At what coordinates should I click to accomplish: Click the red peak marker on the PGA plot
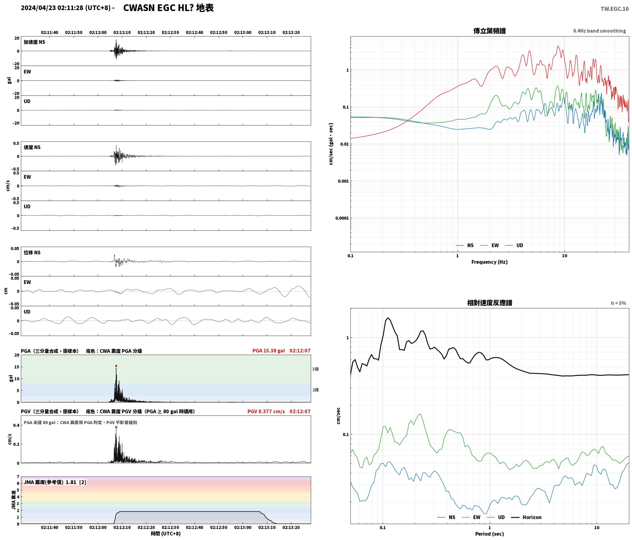pos(116,366)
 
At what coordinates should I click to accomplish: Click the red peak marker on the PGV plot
pos(116,427)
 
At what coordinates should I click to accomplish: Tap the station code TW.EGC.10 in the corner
pos(614,9)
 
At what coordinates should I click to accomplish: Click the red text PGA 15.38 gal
pos(268,350)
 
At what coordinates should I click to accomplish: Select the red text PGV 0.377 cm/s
pos(266,411)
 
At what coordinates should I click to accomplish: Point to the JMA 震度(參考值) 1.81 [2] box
pos(55,482)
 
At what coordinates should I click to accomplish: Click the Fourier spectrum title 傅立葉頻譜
pos(490,31)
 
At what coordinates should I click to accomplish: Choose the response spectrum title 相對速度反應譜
pos(490,303)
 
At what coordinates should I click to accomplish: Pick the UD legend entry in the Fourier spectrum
pos(514,245)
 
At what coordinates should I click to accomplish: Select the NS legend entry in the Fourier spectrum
pos(465,245)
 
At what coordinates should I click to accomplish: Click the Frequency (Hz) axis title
pos(490,262)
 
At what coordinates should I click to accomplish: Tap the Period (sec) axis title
pos(490,534)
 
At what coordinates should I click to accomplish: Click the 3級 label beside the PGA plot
pos(315,369)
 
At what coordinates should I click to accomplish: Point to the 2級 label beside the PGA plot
pos(315,390)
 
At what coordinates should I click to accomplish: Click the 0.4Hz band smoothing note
pos(599,31)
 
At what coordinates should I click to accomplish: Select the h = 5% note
pos(618,303)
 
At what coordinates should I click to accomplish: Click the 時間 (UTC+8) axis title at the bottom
pos(166,533)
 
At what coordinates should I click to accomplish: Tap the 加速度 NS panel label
pos(34,42)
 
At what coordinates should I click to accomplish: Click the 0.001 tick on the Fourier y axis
pos(343,181)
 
